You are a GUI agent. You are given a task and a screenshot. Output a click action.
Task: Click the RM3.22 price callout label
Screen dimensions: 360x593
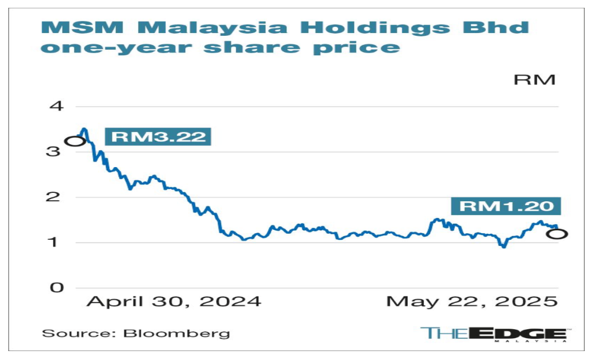click(158, 137)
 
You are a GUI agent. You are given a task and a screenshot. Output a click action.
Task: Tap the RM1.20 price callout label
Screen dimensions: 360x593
click(508, 206)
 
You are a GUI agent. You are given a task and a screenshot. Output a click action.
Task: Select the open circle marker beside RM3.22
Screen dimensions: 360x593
click(75, 141)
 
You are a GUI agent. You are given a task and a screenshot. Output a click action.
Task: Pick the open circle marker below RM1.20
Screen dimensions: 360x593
click(557, 234)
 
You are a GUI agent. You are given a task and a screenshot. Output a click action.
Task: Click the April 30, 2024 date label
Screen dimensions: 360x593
click(174, 302)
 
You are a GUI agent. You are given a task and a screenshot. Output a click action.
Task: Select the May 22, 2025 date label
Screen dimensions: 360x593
click(473, 302)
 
